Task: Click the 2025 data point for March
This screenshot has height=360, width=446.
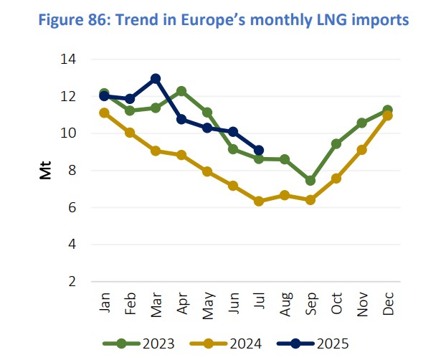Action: coord(156,78)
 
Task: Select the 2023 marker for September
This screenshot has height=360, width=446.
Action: coord(310,181)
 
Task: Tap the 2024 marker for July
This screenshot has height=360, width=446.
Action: coord(258,202)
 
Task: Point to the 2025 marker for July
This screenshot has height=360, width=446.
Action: coord(258,151)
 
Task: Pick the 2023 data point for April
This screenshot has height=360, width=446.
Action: coord(181,91)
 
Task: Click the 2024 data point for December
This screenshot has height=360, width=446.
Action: coord(387,115)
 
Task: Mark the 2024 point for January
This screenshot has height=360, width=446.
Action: coord(104,113)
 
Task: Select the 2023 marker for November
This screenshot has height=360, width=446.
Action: coord(361,123)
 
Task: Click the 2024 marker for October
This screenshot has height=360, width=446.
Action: coord(336,179)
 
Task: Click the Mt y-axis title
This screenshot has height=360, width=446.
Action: coord(45,171)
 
